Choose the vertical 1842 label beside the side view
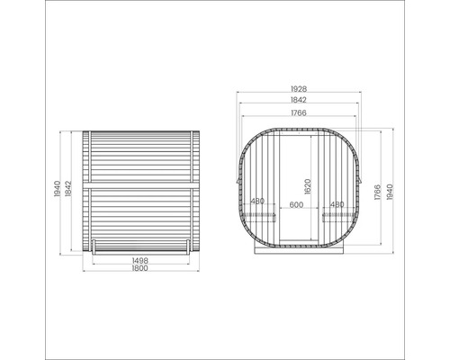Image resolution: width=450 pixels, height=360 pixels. pyautogui.click(x=68, y=189)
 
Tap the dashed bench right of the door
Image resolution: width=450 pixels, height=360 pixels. pyautogui.click(x=336, y=216)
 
